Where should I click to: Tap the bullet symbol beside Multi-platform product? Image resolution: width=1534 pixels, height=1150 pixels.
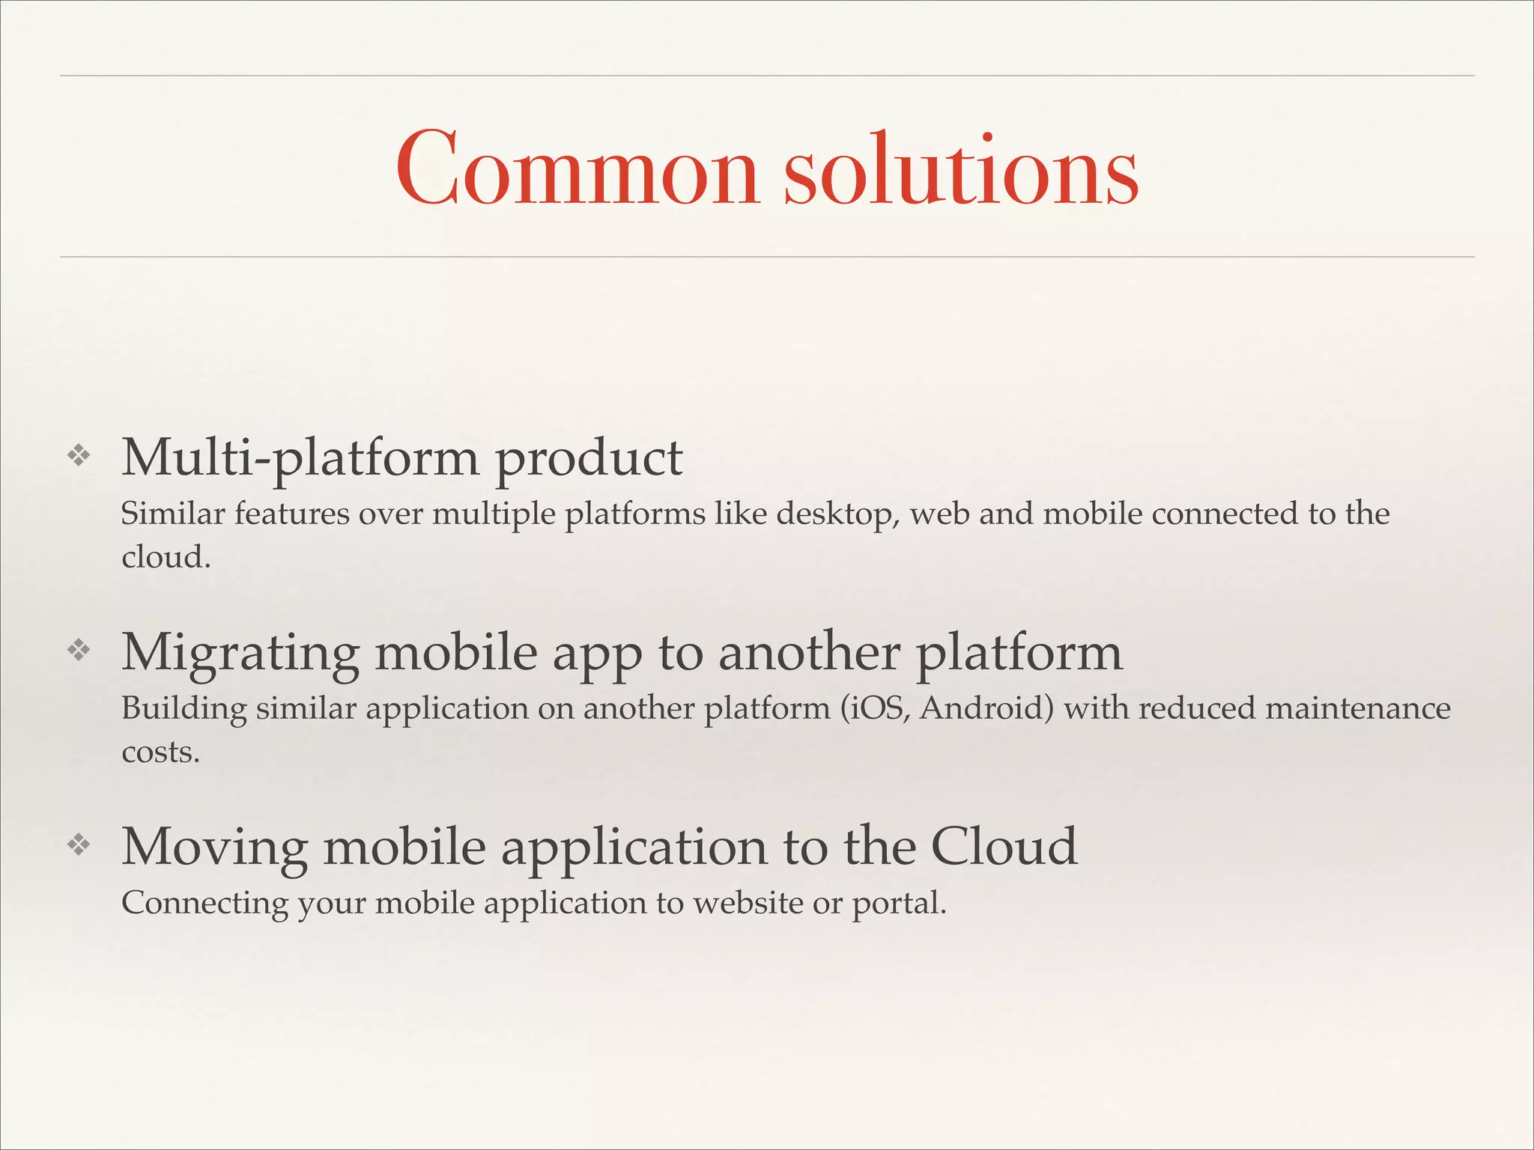click(x=79, y=455)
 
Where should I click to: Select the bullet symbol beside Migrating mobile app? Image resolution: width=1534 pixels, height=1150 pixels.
click(x=79, y=650)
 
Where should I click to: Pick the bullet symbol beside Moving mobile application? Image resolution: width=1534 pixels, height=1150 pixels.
click(x=79, y=845)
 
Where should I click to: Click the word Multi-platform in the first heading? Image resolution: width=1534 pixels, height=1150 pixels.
click(x=300, y=458)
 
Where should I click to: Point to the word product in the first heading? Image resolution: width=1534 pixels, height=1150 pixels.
click(x=589, y=458)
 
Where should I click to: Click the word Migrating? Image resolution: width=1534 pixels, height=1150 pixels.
click(x=240, y=653)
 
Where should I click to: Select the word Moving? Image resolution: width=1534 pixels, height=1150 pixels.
click(x=214, y=847)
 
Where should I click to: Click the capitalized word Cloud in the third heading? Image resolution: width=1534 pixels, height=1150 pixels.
click(x=1004, y=847)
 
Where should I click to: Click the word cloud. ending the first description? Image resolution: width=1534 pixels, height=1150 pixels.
click(x=166, y=557)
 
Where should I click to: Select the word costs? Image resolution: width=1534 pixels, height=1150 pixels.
click(x=160, y=752)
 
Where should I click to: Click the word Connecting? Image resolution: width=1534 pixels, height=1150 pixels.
click(x=204, y=904)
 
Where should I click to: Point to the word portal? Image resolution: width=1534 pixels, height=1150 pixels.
click(x=899, y=904)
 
